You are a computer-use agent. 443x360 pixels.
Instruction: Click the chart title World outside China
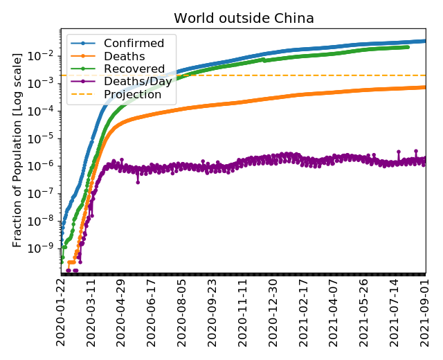coord(243,18)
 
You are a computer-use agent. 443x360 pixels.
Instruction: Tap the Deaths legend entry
coord(124,56)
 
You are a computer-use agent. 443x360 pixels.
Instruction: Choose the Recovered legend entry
coord(134,69)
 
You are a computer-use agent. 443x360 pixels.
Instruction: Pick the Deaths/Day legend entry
coord(138,81)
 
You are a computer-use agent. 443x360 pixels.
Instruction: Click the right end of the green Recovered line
coord(407,46)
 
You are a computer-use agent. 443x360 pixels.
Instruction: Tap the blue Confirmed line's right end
coord(426,41)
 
